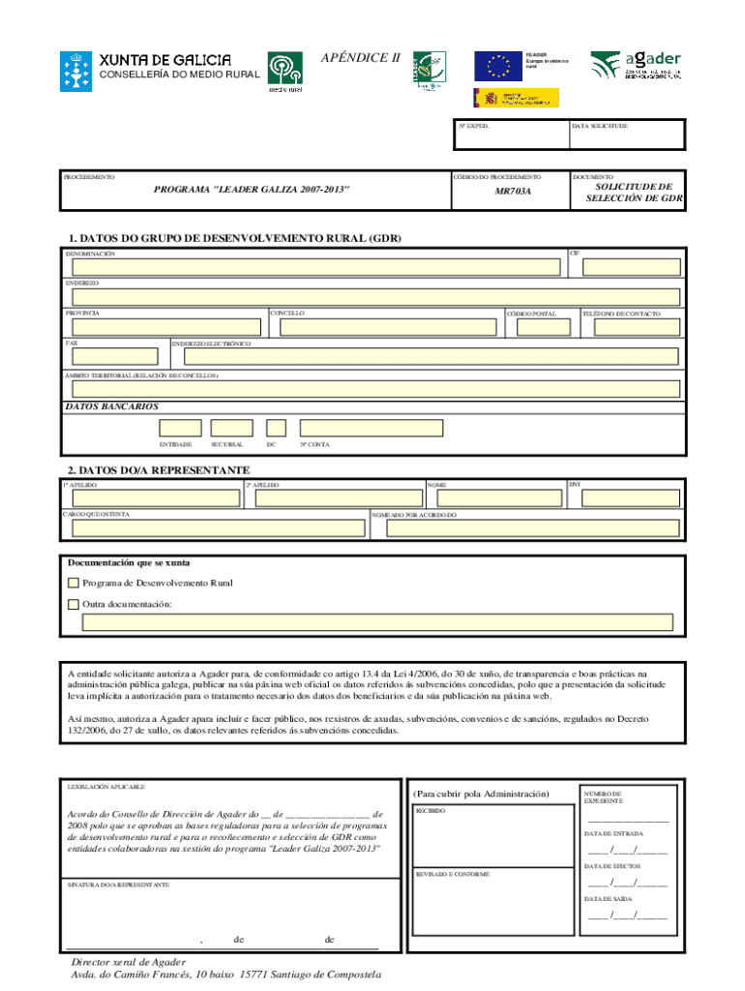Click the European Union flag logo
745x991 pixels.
click(x=498, y=66)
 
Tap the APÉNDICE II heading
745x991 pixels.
click(x=360, y=57)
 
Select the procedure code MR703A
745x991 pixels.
click(x=513, y=193)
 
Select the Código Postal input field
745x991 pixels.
click(x=543, y=328)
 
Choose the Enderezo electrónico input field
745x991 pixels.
click(x=425, y=357)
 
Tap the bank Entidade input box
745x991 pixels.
click(x=180, y=428)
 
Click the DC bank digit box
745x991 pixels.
click(x=276, y=428)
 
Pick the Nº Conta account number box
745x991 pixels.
click(x=372, y=428)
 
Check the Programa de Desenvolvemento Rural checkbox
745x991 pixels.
click(x=73, y=583)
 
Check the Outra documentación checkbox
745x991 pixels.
click(x=73, y=604)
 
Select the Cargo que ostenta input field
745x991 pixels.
click(x=214, y=528)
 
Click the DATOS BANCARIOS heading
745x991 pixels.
click(x=111, y=406)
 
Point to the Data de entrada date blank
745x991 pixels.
click(x=626, y=852)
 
